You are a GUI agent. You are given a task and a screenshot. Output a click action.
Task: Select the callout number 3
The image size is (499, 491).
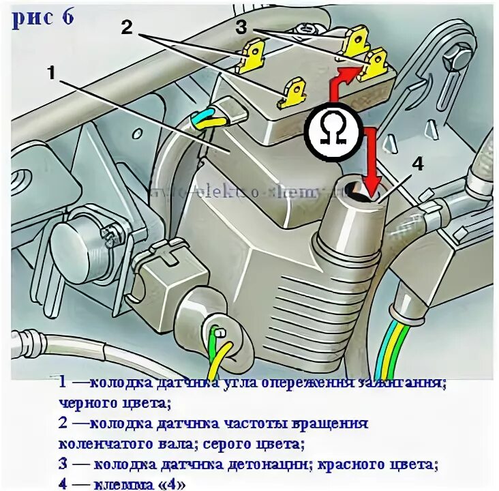point(241,27)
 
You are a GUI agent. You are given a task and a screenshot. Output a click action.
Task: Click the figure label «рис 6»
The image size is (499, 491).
point(43,18)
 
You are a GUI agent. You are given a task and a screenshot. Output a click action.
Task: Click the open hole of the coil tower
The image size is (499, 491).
point(354,189)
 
